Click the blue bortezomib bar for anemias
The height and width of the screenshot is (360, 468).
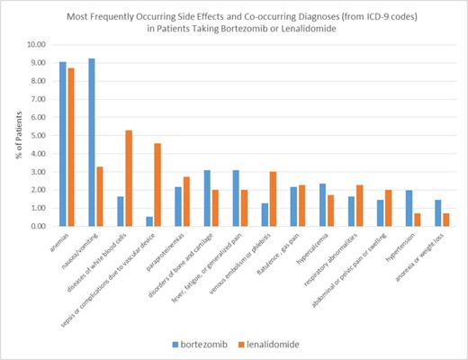(62, 144)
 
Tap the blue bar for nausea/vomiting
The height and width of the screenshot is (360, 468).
(91, 142)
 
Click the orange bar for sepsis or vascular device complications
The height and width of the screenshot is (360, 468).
(157, 184)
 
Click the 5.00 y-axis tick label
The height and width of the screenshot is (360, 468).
(40, 135)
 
